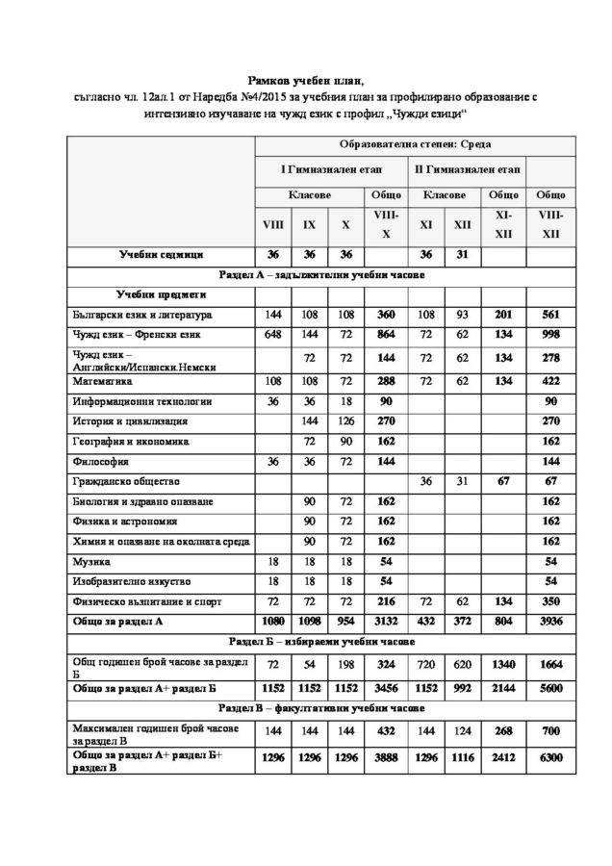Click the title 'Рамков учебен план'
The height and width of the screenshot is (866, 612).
point(306,82)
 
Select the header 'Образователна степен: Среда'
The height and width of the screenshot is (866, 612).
point(416,144)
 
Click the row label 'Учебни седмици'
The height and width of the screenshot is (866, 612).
point(161,255)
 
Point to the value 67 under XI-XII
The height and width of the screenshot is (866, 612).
point(502,481)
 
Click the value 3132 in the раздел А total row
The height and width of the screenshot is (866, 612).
point(386,622)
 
